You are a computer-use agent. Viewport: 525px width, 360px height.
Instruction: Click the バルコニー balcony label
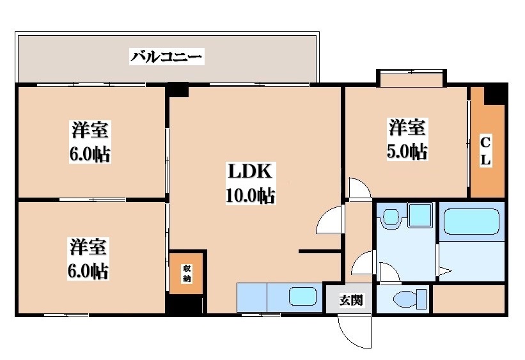(x=167, y=56)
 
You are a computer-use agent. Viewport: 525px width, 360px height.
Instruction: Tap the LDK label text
(x=250, y=172)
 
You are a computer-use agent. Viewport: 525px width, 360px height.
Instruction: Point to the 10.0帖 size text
(x=250, y=195)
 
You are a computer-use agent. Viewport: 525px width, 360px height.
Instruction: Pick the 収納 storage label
(x=186, y=273)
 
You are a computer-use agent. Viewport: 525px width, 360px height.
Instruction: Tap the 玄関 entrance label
(x=350, y=299)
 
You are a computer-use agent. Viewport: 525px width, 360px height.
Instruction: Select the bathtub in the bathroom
(x=471, y=223)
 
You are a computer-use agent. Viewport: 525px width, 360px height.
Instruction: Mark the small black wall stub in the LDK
(x=320, y=251)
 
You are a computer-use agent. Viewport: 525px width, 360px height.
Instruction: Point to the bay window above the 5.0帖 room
(x=411, y=79)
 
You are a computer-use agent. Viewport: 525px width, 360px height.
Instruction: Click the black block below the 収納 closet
(x=185, y=305)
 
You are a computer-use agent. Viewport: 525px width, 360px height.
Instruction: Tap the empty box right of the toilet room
(x=469, y=299)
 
